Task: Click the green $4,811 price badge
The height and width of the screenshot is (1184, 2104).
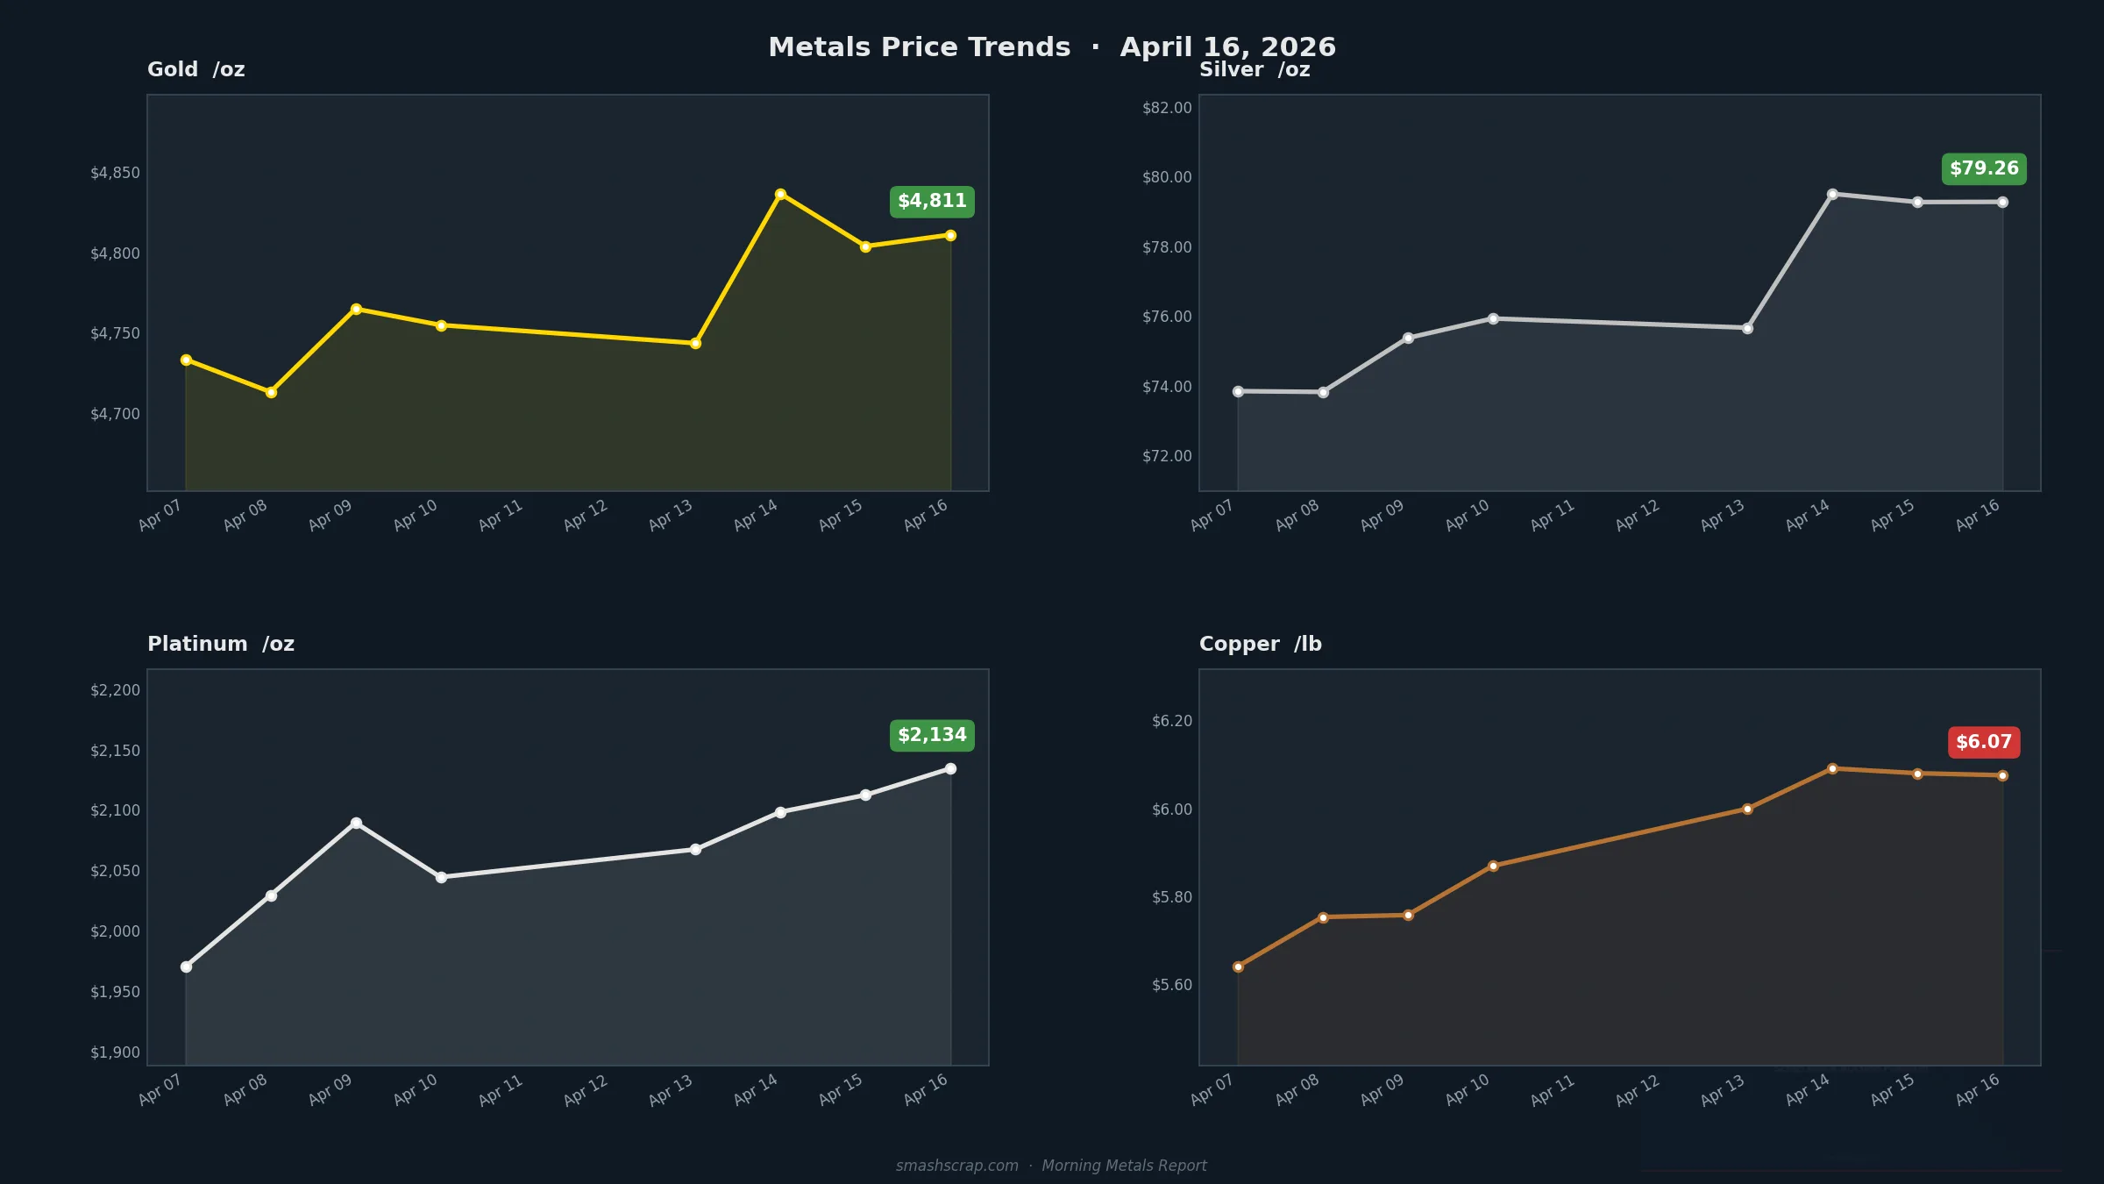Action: tap(932, 202)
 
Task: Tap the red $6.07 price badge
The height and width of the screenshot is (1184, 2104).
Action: tap(1984, 742)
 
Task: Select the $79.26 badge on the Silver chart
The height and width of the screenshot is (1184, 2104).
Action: tap(1984, 168)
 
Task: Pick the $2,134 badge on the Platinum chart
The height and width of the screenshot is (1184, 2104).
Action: tap(932, 735)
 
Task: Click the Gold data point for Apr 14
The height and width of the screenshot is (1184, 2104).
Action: tap(780, 194)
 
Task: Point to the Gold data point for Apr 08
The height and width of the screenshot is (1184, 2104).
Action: tap(271, 392)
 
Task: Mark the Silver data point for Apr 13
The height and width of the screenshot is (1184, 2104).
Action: tap(1747, 328)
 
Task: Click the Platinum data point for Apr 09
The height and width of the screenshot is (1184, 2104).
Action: tap(356, 823)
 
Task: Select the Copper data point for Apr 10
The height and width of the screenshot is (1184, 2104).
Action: tap(1493, 866)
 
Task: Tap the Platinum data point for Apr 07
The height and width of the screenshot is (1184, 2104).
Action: tap(186, 966)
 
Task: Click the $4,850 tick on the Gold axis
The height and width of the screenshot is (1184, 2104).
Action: tap(115, 173)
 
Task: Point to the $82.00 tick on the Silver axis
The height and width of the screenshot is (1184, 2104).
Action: tap(1167, 108)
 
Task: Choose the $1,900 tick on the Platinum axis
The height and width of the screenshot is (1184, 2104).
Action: tap(115, 1052)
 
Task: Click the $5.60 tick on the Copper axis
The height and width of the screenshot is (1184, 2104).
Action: tap(1172, 985)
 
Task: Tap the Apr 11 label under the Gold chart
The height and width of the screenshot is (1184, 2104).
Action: tap(501, 515)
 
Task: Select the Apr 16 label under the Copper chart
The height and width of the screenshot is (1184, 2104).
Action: tap(1978, 1089)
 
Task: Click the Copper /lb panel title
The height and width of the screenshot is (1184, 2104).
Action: tap(1260, 644)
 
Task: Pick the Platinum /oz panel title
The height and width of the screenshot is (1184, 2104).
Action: tap(221, 644)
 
